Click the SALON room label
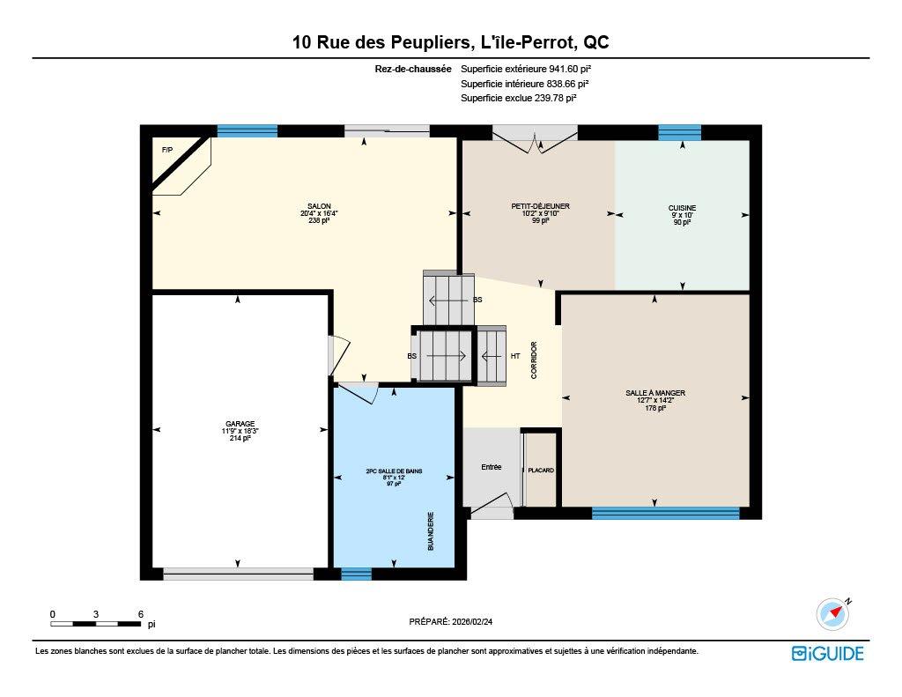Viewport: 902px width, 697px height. pyautogui.click(x=307, y=206)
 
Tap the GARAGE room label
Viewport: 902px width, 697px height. pyautogui.click(x=238, y=424)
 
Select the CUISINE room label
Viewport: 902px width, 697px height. pyautogui.click(x=682, y=208)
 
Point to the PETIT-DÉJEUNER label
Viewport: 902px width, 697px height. pyautogui.click(x=540, y=206)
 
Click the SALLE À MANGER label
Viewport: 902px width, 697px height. pyautogui.click(x=655, y=393)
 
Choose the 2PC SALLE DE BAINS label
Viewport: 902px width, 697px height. pyautogui.click(x=394, y=471)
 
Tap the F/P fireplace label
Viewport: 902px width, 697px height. pyautogui.click(x=167, y=151)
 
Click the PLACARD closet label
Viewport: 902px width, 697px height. pyautogui.click(x=541, y=471)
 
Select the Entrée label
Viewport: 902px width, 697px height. pyautogui.click(x=491, y=467)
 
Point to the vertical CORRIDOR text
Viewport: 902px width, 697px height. pyautogui.click(x=534, y=360)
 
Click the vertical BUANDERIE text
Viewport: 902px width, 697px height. pyautogui.click(x=431, y=531)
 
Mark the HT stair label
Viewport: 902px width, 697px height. pyautogui.click(x=515, y=356)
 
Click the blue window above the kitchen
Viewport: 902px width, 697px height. pyautogui.click(x=679, y=132)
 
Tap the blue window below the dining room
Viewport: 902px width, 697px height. pyautogui.click(x=665, y=513)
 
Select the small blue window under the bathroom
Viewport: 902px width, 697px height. pyautogui.click(x=356, y=574)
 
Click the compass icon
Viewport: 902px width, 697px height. pyautogui.click(x=832, y=612)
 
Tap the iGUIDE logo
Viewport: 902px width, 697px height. pyautogui.click(x=827, y=653)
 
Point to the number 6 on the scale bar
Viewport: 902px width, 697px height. pyautogui.click(x=140, y=614)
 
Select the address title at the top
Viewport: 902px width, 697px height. pyautogui.click(x=451, y=42)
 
